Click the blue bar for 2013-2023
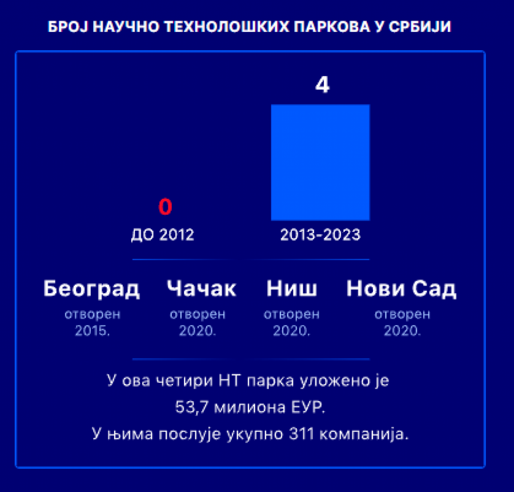coord(320,162)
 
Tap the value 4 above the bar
coord(322,85)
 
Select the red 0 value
coord(165,207)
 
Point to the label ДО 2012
coord(163,235)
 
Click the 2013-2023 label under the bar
coord(320,235)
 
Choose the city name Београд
coord(91,289)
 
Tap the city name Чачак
coord(201,289)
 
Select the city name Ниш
coord(292,289)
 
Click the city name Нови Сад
coord(401,289)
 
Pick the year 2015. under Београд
coord(93,330)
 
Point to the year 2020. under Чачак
coord(198,330)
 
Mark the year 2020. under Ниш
coord(291,330)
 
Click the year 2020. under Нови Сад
coord(402,330)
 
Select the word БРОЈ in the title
coord(68,26)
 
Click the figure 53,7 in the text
coord(192,407)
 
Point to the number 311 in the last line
coord(302,434)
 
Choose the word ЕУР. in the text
coord(308,407)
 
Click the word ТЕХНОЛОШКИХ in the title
coord(227,26)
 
